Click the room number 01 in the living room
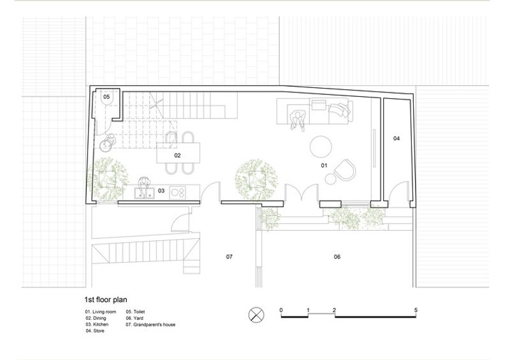point(324,166)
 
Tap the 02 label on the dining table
point(177,155)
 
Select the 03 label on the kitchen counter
point(161,191)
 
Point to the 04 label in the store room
point(396,138)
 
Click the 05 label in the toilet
point(106,97)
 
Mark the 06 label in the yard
point(337,257)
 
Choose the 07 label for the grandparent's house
point(229,257)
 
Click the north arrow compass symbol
point(256,315)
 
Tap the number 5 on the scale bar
point(416,310)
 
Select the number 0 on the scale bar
point(281,310)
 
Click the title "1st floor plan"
point(106,299)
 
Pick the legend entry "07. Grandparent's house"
point(150,324)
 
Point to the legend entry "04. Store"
point(95,331)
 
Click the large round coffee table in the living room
point(321,147)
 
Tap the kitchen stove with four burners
point(178,192)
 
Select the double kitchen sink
point(144,193)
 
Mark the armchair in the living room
point(345,169)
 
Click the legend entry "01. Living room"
point(101,312)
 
